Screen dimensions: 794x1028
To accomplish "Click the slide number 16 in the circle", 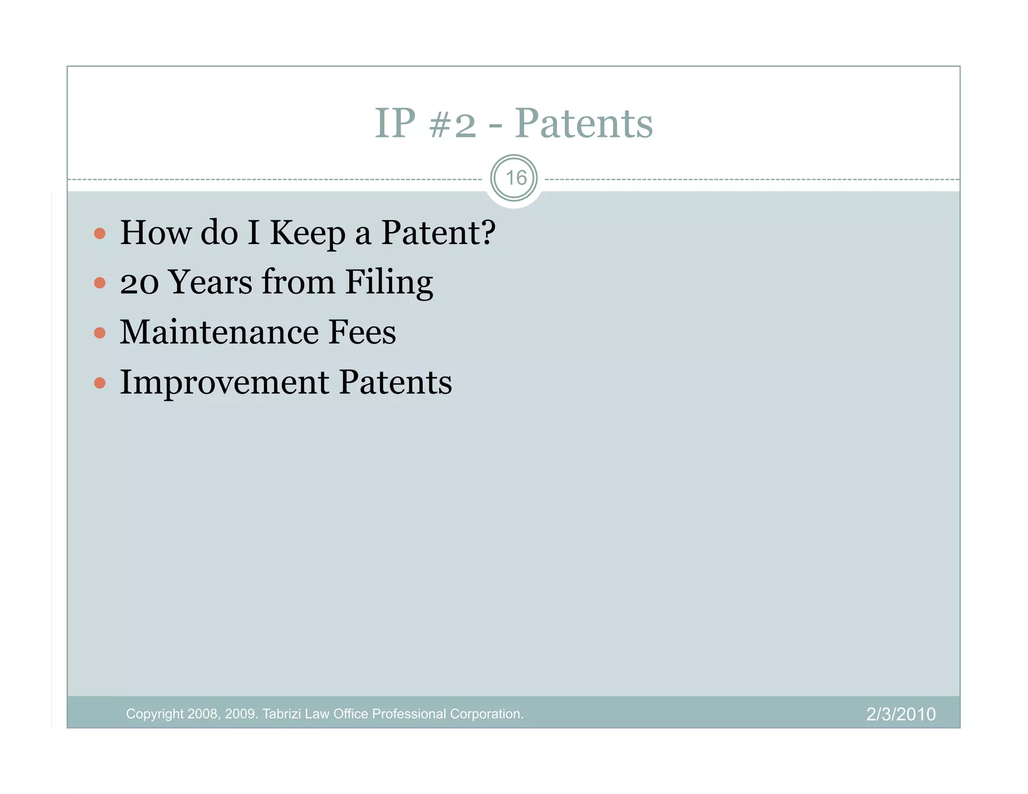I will [516, 178].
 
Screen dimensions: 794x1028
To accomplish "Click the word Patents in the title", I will [583, 123].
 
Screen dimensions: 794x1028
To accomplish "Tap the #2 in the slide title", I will [452, 124].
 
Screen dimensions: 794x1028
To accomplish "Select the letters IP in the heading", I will [395, 123].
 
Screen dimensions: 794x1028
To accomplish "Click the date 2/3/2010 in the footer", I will [901, 714].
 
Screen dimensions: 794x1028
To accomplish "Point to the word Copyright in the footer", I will [155, 714].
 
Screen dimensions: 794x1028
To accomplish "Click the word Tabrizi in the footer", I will [282, 714].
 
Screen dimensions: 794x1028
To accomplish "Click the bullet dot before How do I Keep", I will [100, 233].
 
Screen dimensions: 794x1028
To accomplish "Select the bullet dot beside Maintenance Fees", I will [100, 333].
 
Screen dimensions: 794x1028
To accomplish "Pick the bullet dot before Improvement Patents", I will [100, 383].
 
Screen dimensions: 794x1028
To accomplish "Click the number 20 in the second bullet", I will [139, 283].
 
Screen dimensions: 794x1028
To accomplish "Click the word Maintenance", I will [219, 332].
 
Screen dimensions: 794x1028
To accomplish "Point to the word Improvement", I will [224, 383].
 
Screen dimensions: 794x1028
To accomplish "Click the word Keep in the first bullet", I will [307, 234].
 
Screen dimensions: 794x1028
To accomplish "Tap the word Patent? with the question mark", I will [438, 233].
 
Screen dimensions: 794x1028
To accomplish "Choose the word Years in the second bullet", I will [210, 283].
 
